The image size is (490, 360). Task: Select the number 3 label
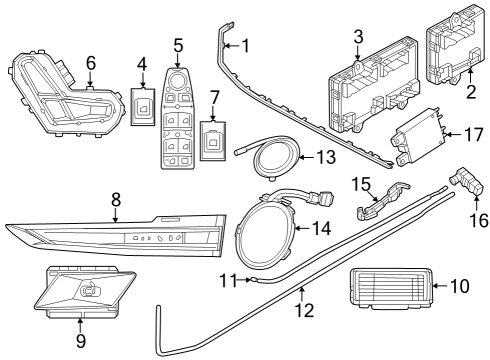click(x=357, y=38)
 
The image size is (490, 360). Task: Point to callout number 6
click(x=91, y=62)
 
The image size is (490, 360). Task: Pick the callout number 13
click(x=324, y=157)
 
